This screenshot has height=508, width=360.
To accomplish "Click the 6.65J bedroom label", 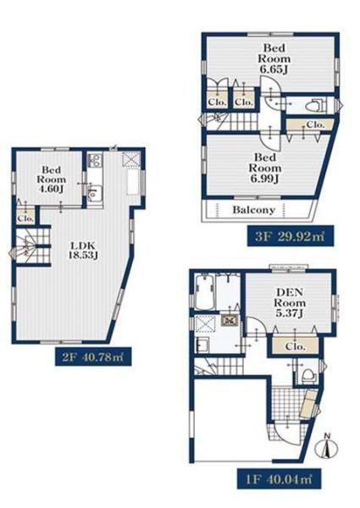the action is click(274, 58).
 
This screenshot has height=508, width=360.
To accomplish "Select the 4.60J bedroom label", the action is click(51, 179).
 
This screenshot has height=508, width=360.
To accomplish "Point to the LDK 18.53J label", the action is click(83, 250).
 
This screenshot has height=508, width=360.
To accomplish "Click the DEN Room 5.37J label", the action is click(290, 303).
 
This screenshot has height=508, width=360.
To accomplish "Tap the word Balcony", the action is click(254, 210).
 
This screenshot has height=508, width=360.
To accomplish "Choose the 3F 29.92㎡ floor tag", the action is click(290, 236).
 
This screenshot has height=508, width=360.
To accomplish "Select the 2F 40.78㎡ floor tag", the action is click(93, 356).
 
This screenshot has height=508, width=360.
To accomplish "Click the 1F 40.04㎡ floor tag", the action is click(279, 478).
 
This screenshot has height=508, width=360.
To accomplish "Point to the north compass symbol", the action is click(327, 447).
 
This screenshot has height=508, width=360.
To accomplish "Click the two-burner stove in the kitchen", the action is click(95, 161).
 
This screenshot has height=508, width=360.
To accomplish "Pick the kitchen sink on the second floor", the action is click(95, 194).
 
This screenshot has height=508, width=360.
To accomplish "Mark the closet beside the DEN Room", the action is click(295, 345).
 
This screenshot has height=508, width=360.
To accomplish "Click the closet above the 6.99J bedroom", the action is click(309, 124).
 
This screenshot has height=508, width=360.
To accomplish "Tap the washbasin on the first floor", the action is click(203, 345).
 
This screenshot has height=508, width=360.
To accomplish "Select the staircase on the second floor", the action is click(32, 246).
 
